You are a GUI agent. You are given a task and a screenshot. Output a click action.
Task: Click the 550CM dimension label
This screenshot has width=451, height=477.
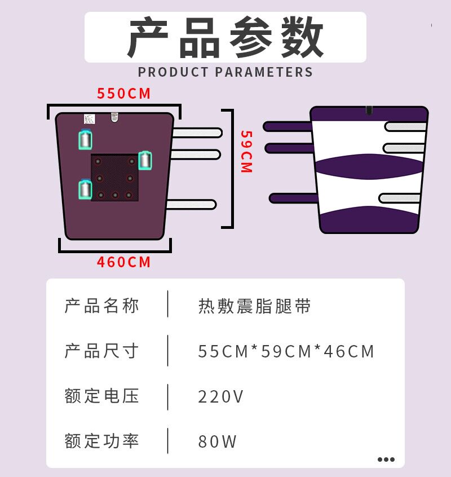[124, 94]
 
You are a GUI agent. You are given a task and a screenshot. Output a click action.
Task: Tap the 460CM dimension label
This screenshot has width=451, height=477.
[124, 262]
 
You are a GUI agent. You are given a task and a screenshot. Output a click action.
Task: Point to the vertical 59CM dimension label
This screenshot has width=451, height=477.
[246, 152]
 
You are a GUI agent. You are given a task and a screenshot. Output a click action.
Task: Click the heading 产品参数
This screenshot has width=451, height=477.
[225, 38]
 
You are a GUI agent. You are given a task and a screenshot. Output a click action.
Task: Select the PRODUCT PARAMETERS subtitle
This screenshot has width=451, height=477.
[225, 72]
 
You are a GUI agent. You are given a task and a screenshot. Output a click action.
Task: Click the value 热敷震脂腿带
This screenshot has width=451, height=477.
[254, 306]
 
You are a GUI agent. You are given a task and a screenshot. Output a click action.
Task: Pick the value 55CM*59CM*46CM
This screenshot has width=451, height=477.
[286, 351]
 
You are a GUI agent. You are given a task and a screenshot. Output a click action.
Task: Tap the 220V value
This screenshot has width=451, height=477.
[221, 396]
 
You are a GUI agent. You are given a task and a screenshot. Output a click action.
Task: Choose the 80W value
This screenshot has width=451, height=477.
[218, 441]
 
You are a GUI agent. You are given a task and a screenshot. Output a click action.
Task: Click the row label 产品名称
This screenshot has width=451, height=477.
[101, 306]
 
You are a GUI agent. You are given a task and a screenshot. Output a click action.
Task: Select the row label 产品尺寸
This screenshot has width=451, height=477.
[101, 351]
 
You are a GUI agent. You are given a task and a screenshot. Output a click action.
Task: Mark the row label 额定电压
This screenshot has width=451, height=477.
[101, 396]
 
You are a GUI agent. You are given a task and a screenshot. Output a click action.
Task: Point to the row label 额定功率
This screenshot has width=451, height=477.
[101, 441]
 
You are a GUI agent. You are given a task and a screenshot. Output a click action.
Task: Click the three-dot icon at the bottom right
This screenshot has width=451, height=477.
[386, 460]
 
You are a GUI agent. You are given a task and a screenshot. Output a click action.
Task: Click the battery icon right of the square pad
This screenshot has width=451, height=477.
[145, 160]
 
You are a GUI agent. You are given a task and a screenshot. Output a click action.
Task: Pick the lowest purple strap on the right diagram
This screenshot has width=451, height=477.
[293, 198]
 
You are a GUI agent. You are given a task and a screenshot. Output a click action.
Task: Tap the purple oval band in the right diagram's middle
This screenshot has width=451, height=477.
[369, 164]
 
